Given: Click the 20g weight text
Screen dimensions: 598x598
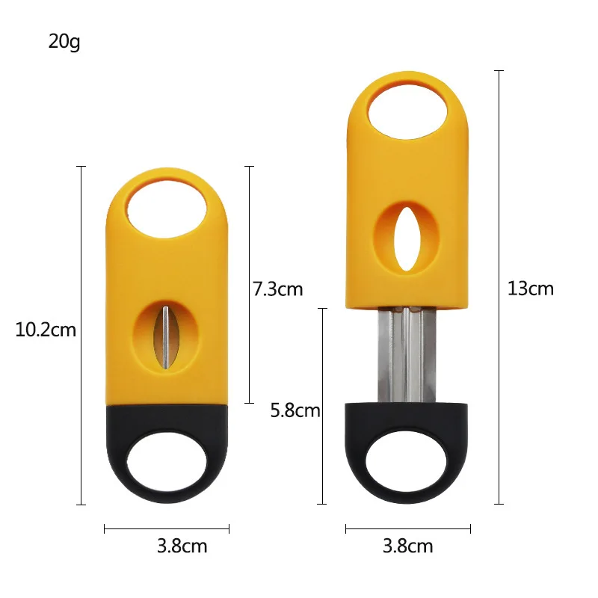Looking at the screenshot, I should point(64,41).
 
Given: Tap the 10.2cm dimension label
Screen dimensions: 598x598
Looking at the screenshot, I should point(46,329).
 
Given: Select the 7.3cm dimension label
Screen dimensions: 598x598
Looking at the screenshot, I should point(278,289).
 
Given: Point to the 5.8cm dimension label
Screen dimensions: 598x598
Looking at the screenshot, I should point(295,410).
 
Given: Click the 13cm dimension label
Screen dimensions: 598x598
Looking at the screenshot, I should point(531,289).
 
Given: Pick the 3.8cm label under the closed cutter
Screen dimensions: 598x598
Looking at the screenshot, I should point(182,546).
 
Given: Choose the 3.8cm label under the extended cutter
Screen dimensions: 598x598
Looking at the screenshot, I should point(407,546).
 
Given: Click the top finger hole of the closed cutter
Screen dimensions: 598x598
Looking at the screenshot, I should point(166,207).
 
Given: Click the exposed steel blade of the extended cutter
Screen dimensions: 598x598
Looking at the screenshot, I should point(408,355).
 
